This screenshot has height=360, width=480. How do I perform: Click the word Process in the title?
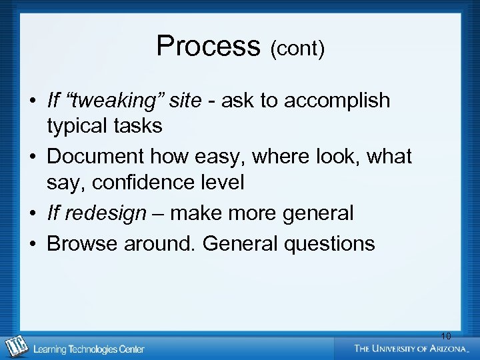(207, 46)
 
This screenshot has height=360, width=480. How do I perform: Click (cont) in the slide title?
(297, 49)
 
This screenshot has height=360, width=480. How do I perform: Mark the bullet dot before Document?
(33, 157)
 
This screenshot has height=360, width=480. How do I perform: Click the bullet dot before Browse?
(33, 244)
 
